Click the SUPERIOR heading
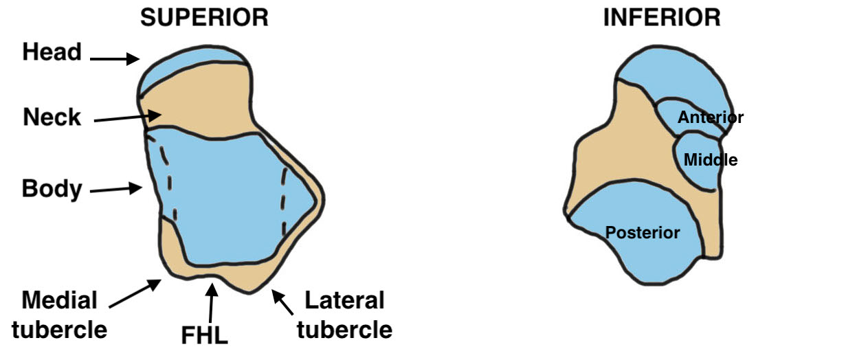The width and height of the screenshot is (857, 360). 205,17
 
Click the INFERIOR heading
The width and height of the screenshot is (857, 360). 662,17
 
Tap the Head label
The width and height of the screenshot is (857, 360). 52,52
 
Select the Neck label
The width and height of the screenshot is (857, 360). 52,117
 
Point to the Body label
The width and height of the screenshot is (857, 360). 52,188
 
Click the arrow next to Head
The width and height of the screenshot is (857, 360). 114,60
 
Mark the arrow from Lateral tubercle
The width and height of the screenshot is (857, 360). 284,302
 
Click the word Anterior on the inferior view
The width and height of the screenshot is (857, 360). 710,117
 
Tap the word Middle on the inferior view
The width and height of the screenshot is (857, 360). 710,160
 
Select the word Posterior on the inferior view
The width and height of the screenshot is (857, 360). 642,233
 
